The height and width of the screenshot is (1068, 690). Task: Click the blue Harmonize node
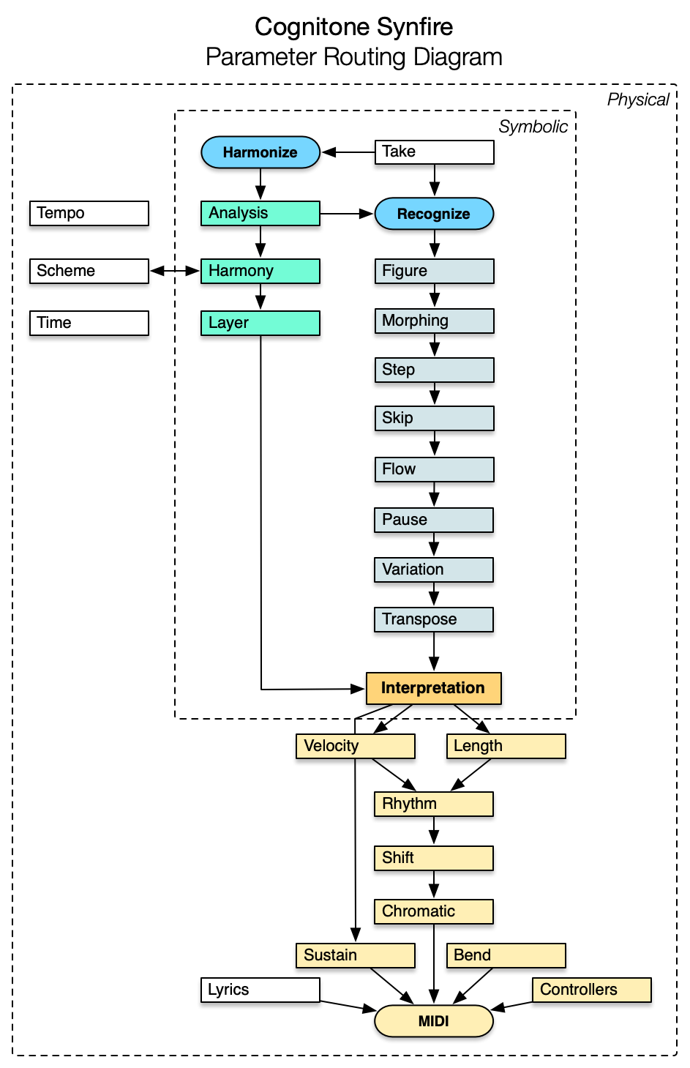pos(260,152)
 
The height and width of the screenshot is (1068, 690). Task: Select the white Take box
pos(434,152)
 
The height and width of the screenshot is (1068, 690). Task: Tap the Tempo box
pos(89,214)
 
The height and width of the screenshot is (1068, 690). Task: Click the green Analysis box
pos(260,214)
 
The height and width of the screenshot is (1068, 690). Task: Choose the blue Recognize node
pos(434,214)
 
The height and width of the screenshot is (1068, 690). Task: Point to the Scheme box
pos(89,271)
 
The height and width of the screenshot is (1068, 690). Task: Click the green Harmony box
pos(260,271)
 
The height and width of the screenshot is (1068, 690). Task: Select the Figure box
pos(434,271)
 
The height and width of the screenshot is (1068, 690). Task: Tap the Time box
pos(89,323)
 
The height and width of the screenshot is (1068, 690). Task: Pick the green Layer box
pos(260,323)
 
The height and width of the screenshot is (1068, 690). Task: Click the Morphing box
pos(434,321)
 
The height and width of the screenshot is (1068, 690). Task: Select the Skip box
pos(434,418)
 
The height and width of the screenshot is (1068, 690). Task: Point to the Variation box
pos(434,570)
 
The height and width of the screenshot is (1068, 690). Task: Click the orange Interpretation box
pos(433,688)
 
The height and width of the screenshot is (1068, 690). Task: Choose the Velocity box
pos(356,746)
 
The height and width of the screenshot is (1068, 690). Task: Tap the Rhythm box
pos(434,804)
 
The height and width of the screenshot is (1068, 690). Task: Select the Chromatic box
pos(434,911)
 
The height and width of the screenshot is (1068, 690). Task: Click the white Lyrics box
pos(260,990)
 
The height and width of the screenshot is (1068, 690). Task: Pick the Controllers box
pos(591,990)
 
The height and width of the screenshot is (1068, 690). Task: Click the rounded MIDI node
pos(434,1021)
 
